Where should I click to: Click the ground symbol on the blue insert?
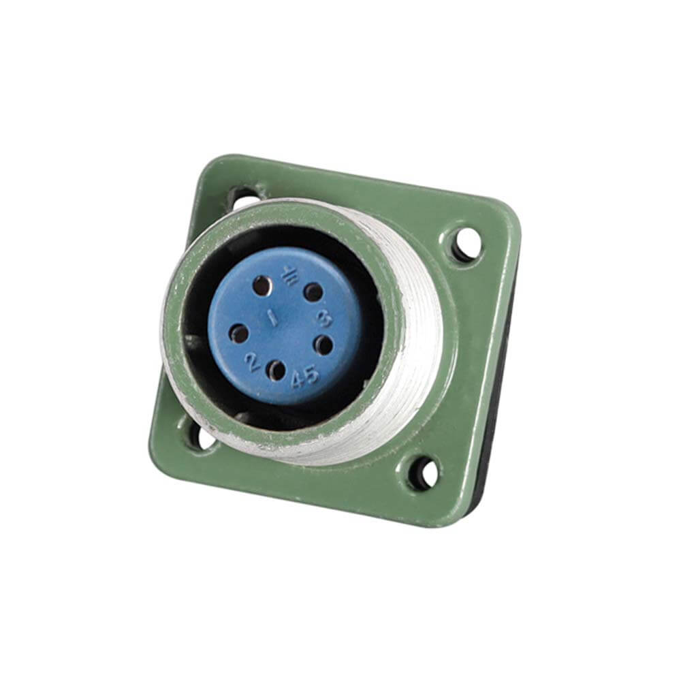pyautogui.click(x=289, y=275)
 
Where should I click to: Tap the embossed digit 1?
pyautogui.click(x=272, y=318)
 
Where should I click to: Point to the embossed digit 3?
pyautogui.click(x=325, y=319)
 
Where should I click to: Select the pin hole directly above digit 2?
pyautogui.click(x=238, y=334)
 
